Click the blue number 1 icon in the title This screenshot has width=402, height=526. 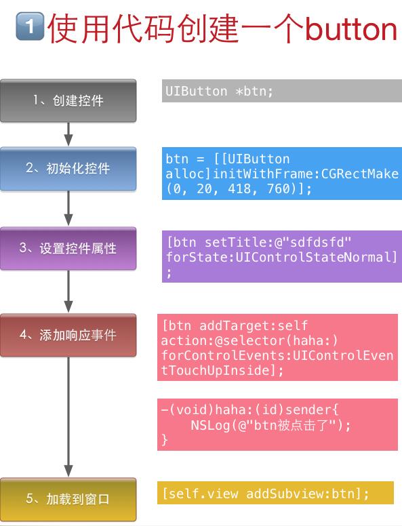pyautogui.click(x=30, y=26)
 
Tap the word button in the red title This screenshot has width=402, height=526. pyautogui.click(x=351, y=29)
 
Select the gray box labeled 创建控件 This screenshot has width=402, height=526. pyautogui.click(x=68, y=100)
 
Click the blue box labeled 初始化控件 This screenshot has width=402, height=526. pyautogui.click(x=68, y=169)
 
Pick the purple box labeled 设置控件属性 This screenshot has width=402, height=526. pyautogui.click(x=68, y=249)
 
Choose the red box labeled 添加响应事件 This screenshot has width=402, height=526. pyautogui.click(x=68, y=335)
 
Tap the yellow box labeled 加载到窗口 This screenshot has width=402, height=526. pyautogui.click(x=68, y=499)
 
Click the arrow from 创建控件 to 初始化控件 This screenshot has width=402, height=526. pyautogui.click(x=68, y=134)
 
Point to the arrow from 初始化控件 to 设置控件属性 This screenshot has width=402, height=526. pyautogui.click(x=68, y=208)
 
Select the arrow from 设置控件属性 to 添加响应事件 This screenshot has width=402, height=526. pyautogui.click(x=68, y=291)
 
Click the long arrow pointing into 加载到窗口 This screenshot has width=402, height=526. pyautogui.click(x=68, y=417)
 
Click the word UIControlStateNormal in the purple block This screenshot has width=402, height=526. pyautogui.click(x=313, y=257)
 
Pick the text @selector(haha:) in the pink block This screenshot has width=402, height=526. pyautogui.click(x=276, y=341)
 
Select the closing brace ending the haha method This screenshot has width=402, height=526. pyautogui.click(x=165, y=439)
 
